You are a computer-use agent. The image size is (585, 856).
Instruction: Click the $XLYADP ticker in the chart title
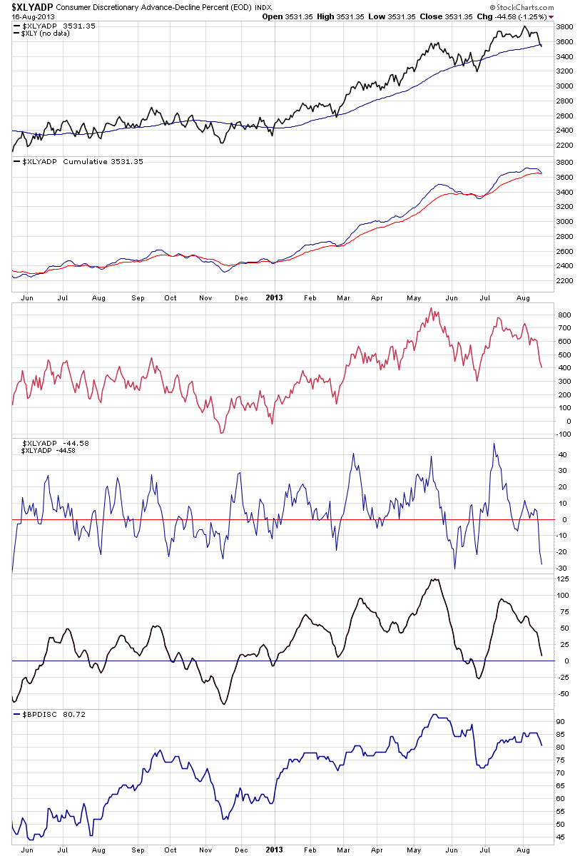(33, 6)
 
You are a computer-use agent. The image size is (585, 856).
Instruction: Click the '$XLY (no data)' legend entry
(49, 33)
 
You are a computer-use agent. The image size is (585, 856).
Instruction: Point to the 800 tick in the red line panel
(564, 315)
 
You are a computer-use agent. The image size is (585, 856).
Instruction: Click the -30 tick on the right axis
(563, 569)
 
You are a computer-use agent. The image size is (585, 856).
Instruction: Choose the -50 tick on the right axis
(564, 694)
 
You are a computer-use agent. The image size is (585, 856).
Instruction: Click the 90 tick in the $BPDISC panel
(562, 722)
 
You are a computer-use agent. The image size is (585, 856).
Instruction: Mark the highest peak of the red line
(431, 308)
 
